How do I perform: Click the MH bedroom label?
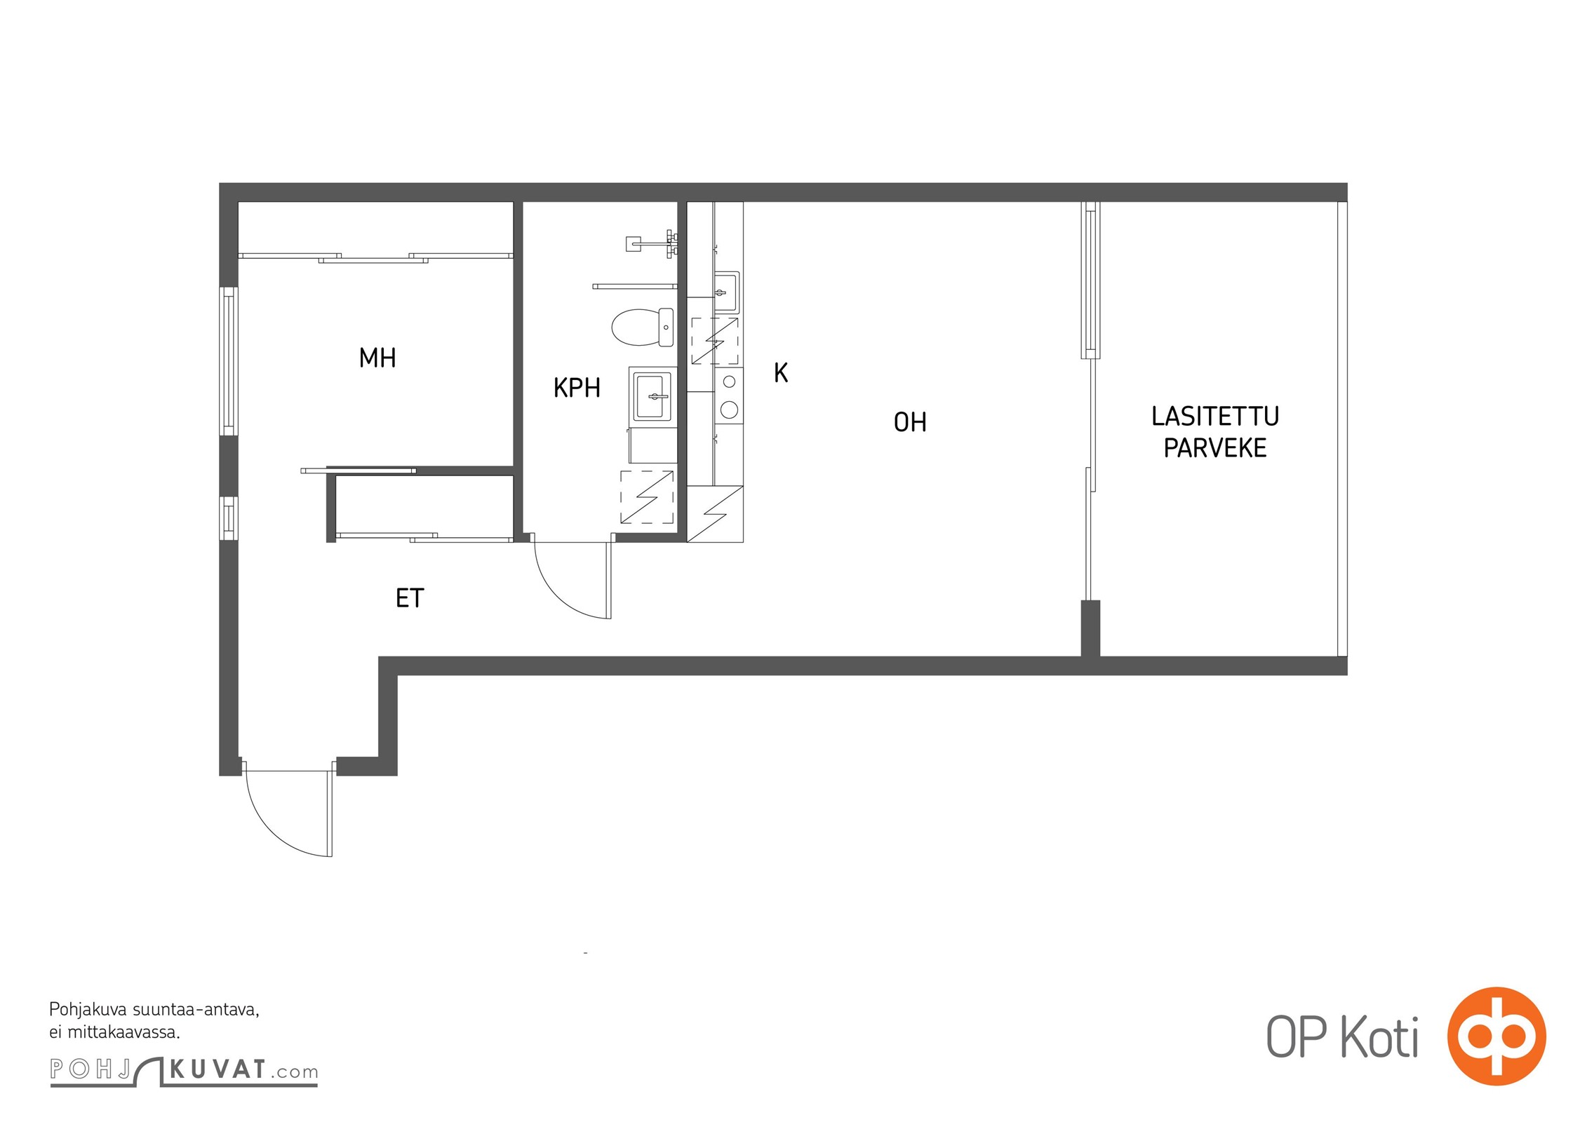pos(377,358)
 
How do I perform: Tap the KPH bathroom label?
pos(577,388)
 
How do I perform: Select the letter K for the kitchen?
pos(781,373)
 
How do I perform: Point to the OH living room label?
pos(910,422)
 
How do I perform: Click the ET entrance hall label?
pos(410,598)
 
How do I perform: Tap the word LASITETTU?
pos(1215,417)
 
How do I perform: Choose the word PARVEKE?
pos(1215,448)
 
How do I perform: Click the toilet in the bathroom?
pos(643,327)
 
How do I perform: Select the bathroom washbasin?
pos(652,396)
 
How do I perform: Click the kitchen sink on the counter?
pos(725,292)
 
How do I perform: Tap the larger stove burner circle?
pos(729,410)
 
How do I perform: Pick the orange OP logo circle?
pos(1497,1036)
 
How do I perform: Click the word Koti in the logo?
pos(1379,1037)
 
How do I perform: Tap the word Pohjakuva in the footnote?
pos(88,1011)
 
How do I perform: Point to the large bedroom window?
pos(229,361)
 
